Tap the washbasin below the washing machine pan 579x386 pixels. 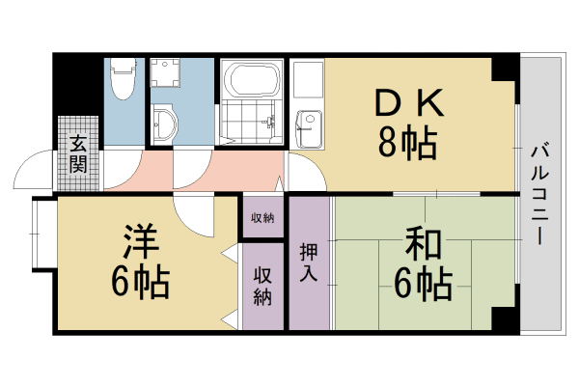pos(164,123)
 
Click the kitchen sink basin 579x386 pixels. pos(310,121)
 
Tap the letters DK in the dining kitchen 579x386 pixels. pos(406,99)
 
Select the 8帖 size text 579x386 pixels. pos(406,143)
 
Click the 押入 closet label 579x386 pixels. pos(309,262)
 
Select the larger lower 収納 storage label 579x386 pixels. pos(262,286)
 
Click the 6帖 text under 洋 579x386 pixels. pos(140,282)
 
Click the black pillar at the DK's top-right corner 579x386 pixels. pos(505,69)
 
